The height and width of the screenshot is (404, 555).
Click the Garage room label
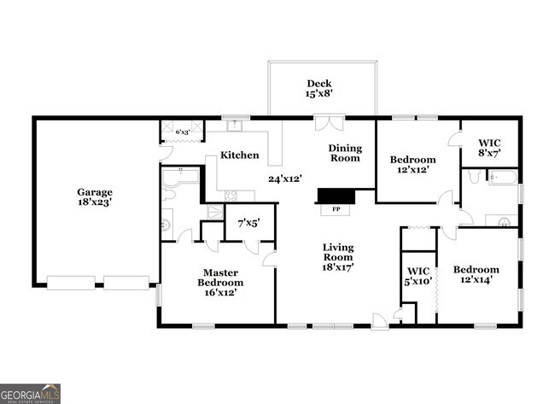[x=94, y=192]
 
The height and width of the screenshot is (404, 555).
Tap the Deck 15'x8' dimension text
[x=319, y=94]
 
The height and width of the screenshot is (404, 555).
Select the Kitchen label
[x=240, y=155]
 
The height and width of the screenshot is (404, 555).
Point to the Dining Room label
[x=346, y=153]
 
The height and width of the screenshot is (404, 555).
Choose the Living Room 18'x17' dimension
[x=338, y=266]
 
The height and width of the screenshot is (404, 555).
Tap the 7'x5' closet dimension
[x=249, y=222]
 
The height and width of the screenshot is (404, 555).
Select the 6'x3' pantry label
[x=183, y=132]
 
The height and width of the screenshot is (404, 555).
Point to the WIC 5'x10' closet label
[x=418, y=275]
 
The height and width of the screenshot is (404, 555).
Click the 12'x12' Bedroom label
[x=413, y=169]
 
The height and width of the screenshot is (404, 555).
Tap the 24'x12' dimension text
[x=285, y=179]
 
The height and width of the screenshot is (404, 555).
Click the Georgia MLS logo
[x=31, y=393]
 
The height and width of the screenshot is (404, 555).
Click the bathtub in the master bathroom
[x=180, y=179]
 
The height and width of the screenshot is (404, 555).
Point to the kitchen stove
[x=234, y=196]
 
